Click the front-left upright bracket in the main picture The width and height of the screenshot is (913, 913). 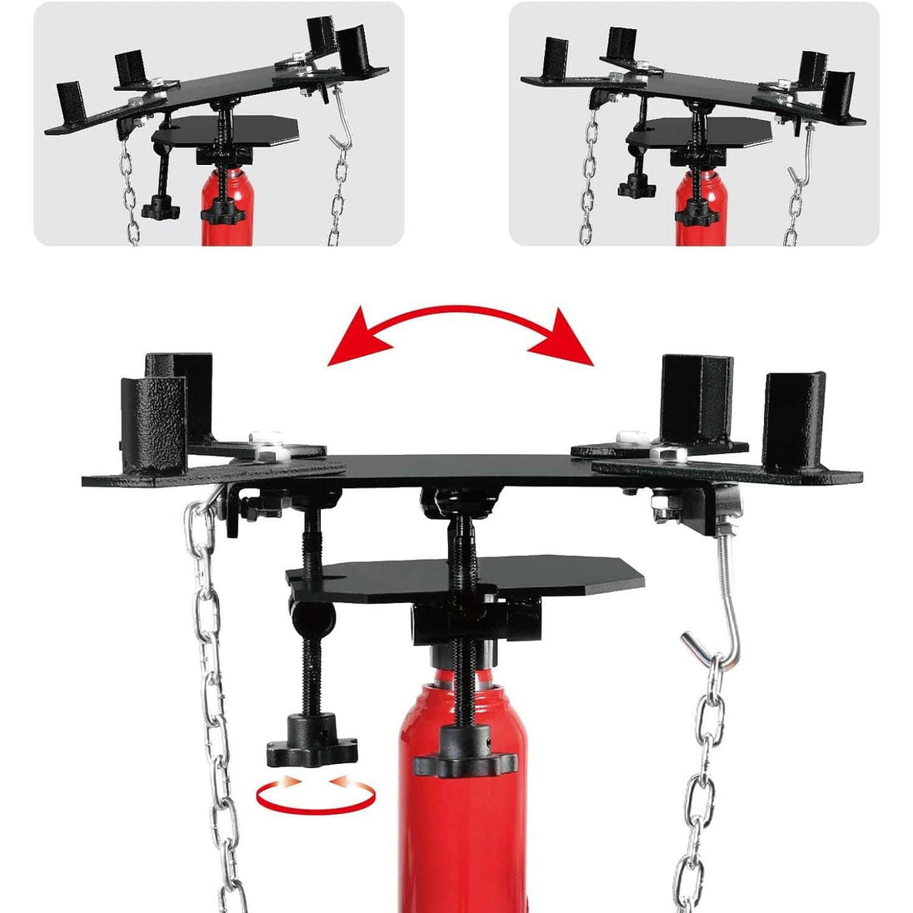(x=152, y=425)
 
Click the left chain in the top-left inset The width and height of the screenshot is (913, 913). (x=129, y=192)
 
